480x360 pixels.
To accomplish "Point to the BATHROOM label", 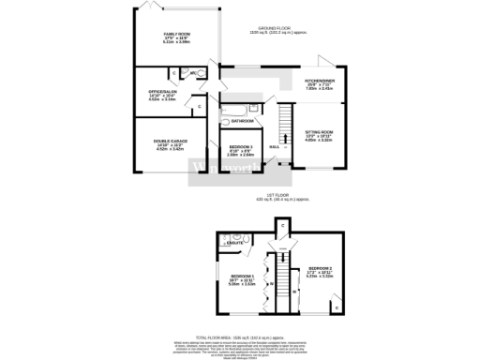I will (x=242, y=121).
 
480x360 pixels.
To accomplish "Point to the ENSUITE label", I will (x=235, y=243).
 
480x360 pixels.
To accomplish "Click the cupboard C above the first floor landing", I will (x=281, y=226).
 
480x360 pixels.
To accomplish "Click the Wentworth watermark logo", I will (x=225, y=169).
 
